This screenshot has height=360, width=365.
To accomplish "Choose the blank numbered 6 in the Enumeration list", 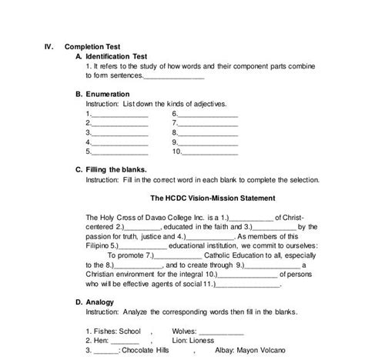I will pyautogui.click(x=208, y=114).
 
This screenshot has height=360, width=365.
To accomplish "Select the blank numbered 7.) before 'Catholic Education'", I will pyautogui.click(x=179, y=255).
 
